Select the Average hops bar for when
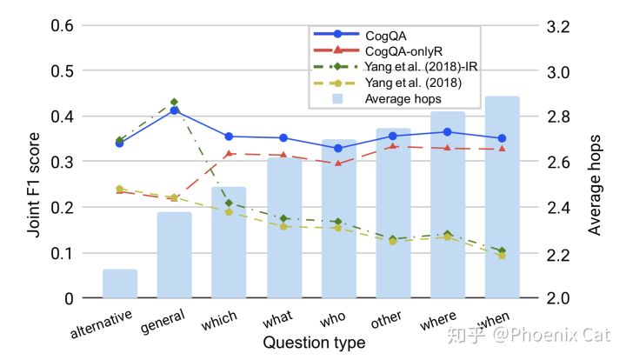coord(503,200)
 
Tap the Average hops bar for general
coord(174,256)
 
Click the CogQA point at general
coord(174,110)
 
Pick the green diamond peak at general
coord(174,102)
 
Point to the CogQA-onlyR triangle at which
coord(229,154)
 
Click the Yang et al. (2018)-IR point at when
coord(503,251)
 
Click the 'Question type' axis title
coord(314,343)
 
